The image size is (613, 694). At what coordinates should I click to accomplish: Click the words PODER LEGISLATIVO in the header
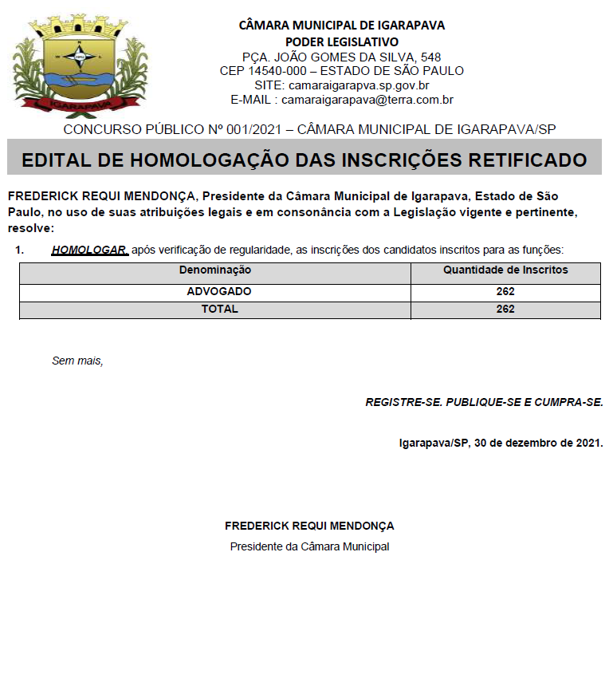point(342,41)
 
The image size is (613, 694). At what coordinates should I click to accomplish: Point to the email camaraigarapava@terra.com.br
point(367,100)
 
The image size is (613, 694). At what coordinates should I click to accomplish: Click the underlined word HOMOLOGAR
point(89,250)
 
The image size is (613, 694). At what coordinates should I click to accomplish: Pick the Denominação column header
point(215,270)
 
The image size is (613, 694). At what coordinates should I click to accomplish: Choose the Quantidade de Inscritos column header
point(505,270)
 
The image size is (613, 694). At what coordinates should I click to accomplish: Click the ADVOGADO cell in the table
point(218,291)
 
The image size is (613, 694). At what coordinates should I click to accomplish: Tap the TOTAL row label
point(219,309)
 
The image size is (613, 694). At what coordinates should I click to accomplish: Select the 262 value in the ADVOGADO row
point(505,291)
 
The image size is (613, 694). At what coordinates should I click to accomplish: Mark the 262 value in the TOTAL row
point(505,309)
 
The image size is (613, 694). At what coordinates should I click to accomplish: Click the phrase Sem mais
point(77,361)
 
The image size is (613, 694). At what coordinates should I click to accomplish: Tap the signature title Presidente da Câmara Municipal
point(309,546)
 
